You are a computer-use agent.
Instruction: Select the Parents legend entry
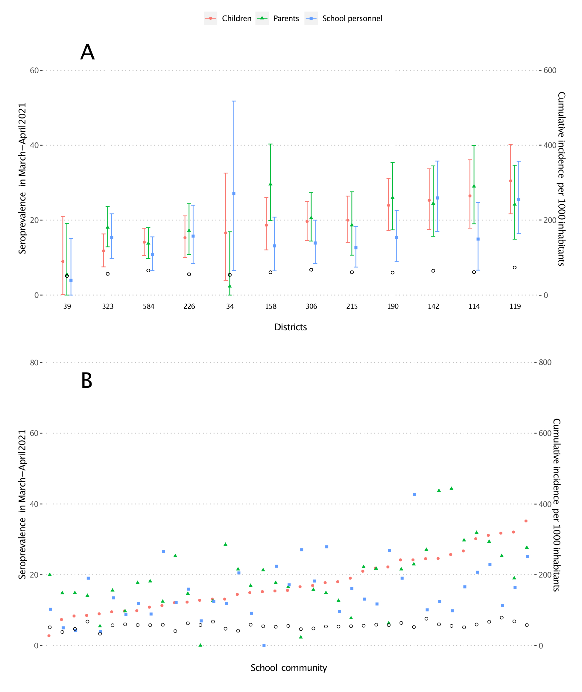[278, 19]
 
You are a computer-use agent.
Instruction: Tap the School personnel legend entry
[344, 19]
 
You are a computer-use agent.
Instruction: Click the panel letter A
[87, 52]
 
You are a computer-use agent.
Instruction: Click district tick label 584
[148, 306]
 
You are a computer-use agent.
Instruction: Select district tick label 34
[230, 306]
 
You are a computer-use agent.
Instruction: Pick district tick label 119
[515, 306]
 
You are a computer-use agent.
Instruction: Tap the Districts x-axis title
[290, 327]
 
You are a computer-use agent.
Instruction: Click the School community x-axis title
[289, 668]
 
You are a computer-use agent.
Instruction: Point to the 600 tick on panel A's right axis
[550, 70]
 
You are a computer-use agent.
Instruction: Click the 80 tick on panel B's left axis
[34, 363]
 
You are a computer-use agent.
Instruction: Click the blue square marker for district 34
[234, 194]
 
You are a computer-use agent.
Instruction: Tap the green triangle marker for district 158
[271, 184]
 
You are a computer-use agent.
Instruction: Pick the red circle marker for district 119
[510, 181]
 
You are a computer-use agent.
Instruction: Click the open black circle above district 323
[107, 274]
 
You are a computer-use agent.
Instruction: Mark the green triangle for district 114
[474, 186]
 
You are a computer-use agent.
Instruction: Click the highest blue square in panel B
[415, 495]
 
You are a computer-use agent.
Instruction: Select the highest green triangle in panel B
[451, 489]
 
